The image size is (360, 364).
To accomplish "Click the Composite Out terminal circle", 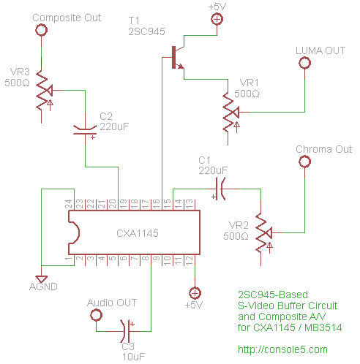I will click(x=42, y=30).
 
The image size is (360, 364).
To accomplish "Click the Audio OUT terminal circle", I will click(x=95, y=315).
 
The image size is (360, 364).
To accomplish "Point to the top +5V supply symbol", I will click(x=217, y=20).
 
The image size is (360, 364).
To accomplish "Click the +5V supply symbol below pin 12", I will click(x=194, y=291).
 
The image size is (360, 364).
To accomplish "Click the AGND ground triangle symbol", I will click(x=42, y=278).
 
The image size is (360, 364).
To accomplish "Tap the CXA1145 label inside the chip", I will click(x=138, y=233).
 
